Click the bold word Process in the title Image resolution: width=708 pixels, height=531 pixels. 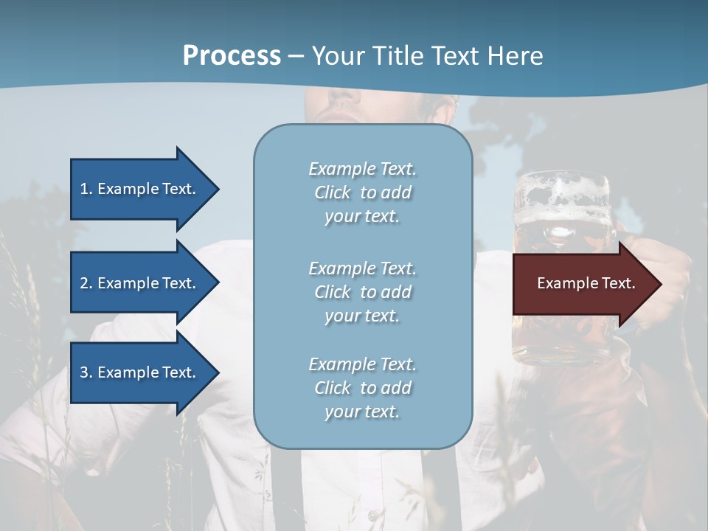(232, 56)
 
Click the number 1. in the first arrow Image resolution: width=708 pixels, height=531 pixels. (86, 189)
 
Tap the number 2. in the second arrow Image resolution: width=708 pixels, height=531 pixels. (86, 283)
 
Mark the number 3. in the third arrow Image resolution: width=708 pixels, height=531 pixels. (86, 372)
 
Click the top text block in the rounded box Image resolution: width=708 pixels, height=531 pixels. (362, 192)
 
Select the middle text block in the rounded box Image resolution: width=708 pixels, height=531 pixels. (362, 291)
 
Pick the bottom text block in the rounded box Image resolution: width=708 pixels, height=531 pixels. (362, 387)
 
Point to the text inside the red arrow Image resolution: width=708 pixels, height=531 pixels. (586, 283)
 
